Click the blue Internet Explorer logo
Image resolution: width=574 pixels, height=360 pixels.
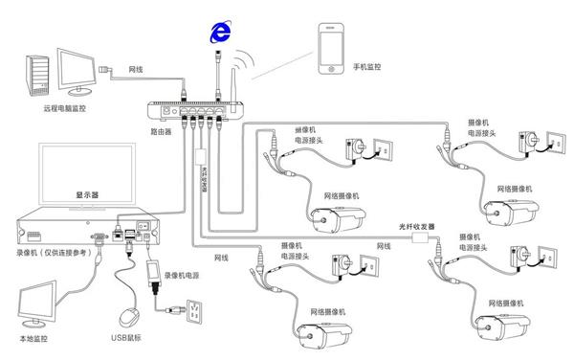(222, 31)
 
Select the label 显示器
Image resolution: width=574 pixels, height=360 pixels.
(89, 193)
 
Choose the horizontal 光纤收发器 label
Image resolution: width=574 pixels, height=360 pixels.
(416, 227)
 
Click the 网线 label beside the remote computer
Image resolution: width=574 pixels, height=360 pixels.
(136, 70)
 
